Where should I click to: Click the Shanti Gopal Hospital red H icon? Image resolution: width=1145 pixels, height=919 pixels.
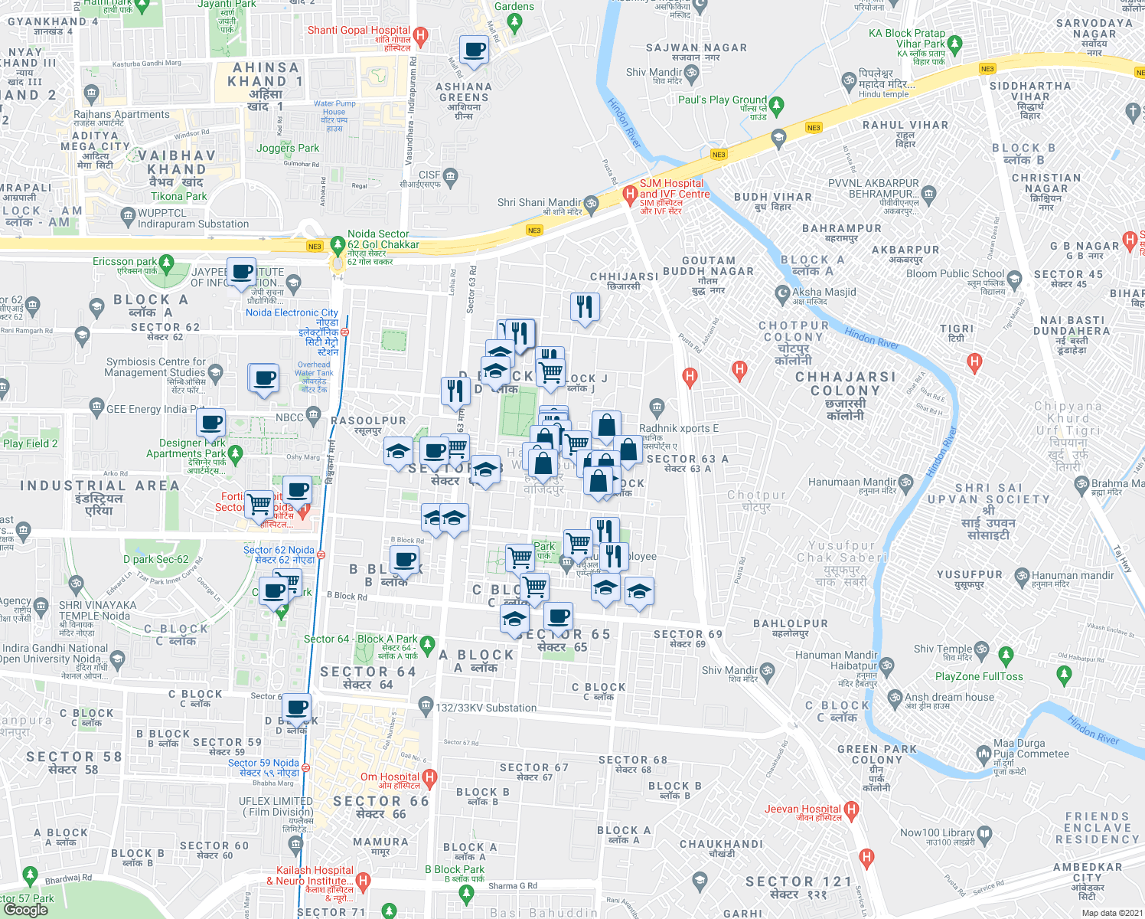(420, 35)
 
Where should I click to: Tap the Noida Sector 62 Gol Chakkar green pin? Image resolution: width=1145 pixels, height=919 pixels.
(338, 245)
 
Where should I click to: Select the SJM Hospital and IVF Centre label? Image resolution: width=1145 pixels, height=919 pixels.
(674, 189)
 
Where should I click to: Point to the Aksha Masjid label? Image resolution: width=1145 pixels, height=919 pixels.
(824, 292)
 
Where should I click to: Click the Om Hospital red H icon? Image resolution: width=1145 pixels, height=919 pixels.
(429, 778)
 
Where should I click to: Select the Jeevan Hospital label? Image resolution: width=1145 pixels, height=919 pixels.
(802, 809)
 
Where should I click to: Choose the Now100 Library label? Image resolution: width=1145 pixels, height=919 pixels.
(938, 832)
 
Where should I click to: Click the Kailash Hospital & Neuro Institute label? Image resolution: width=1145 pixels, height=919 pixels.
(315, 875)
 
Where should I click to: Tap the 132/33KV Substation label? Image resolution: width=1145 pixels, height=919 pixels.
(486, 708)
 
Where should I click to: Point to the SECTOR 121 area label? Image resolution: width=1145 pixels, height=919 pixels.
(798, 881)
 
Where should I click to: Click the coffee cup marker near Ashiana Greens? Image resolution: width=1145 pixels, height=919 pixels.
(474, 50)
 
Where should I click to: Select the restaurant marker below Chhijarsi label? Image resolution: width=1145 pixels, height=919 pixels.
(585, 307)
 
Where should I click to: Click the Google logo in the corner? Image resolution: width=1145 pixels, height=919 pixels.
(25, 909)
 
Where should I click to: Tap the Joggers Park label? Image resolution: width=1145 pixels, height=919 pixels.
(288, 148)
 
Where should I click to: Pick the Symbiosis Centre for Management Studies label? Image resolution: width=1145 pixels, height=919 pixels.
(155, 367)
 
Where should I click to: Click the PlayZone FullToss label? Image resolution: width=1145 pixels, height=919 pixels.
(979, 676)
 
